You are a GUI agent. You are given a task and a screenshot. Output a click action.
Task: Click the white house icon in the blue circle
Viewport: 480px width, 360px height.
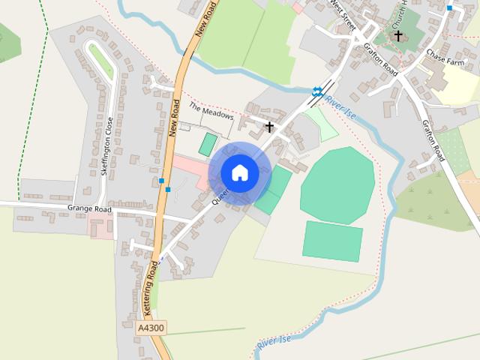pyautogui.click(x=240, y=172)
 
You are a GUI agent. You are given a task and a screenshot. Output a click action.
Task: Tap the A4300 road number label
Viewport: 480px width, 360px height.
pyautogui.click(x=151, y=328)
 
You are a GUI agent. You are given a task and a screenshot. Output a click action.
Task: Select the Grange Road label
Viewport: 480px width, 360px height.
pyautogui.click(x=89, y=208)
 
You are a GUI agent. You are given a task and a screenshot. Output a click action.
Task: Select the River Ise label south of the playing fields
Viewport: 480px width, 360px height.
pyautogui.click(x=274, y=343)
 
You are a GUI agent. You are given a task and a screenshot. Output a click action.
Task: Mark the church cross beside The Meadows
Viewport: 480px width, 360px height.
pyautogui.click(x=269, y=127)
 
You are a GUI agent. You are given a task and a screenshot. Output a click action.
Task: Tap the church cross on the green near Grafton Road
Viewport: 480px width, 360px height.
pyautogui.click(x=398, y=35)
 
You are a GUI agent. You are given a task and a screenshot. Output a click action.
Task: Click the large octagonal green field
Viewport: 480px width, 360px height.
pyautogui.click(x=337, y=184)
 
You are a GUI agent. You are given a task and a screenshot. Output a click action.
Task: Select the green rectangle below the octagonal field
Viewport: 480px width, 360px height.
pyautogui.click(x=333, y=241)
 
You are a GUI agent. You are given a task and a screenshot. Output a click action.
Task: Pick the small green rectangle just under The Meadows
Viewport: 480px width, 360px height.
pyautogui.click(x=208, y=145)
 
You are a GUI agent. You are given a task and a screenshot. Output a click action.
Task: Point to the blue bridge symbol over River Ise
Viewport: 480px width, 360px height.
pyautogui.click(x=317, y=91)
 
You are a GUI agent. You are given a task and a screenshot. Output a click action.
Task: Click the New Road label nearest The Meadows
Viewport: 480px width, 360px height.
pyautogui.click(x=175, y=117)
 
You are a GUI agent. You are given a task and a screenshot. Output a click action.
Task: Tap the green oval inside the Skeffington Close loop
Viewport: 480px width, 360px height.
pyautogui.click(x=101, y=61)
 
